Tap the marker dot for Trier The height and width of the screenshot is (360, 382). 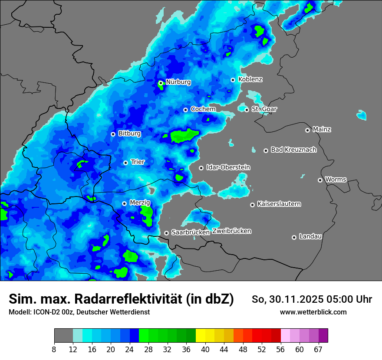click(x=126, y=163)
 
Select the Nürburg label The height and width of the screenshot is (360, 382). click(x=178, y=82)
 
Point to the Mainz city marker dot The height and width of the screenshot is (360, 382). click(x=307, y=130)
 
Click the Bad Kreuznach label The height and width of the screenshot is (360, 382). click(x=293, y=150)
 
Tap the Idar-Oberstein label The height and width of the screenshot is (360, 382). click(x=228, y=167)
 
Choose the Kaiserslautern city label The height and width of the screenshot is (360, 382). click(x=279, y=204)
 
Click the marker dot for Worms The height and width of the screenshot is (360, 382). click(x=320, y=180)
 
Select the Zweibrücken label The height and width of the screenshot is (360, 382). click(x=231, y=231)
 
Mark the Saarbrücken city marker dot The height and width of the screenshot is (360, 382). click(x=166, y=233)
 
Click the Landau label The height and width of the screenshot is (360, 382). click(x=310, y=236)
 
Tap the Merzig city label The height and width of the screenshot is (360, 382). click(x=140, y=203)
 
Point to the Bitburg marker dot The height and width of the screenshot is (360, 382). click(x=113, y=134)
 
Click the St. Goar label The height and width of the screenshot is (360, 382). click(x=264, y=109)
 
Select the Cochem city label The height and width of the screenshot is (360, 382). click(x=203, y=109)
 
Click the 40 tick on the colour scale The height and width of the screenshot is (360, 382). click(x=205, y=350)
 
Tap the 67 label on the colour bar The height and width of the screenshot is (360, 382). click(x=318, y=350)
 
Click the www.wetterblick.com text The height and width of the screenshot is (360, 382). click(x=313, y=312)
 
